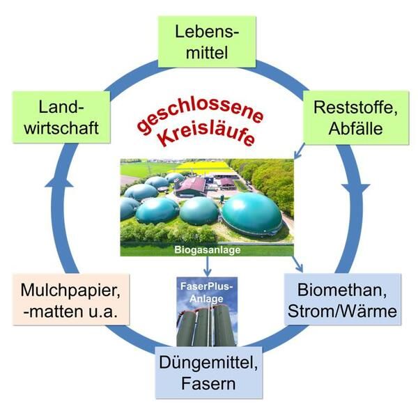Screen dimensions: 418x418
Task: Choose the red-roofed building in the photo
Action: point(192,186)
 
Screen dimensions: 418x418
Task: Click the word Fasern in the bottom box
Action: point(208,382)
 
